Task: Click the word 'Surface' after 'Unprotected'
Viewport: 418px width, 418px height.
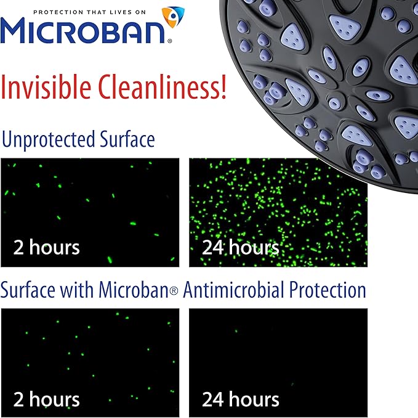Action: click(x=126, y=139)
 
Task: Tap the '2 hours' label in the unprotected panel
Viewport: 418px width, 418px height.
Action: click(x=46, y=247)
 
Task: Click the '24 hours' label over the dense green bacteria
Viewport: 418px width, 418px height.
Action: click(x=240, y=247)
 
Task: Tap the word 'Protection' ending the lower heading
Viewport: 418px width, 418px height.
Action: click(x=328, y=290)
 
